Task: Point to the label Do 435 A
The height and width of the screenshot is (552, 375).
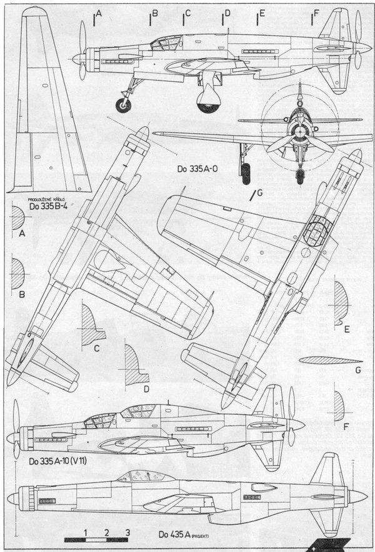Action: click(x=174, y=534)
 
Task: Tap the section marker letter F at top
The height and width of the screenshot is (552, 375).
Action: click(x=316, y=13)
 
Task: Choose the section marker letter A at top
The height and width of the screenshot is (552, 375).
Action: click(x=99, y=13)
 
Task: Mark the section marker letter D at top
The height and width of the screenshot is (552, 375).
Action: click(x=227, y=13)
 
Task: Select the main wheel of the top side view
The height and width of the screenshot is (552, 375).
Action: click(x=209, y=101)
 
